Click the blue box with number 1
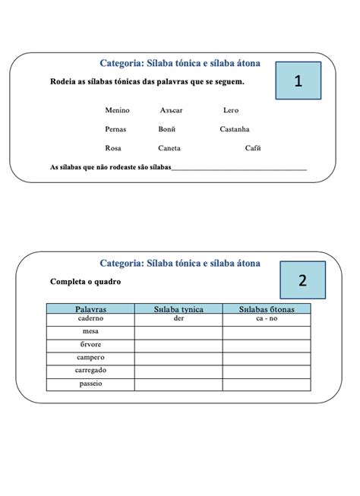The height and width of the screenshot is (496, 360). point(298,81)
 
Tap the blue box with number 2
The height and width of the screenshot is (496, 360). point(302,280)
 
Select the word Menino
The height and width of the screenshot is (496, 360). point(117,110)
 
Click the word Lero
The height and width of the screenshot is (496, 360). point(231,110)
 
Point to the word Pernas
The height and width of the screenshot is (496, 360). point(115,129)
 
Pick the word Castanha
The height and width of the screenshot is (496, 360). point(235,129)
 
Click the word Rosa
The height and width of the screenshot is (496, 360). point(113,148)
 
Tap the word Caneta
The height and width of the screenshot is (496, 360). point(169,148)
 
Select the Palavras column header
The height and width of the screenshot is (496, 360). point(90,309)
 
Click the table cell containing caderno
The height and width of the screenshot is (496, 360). point(90,319)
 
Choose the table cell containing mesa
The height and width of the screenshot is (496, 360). point(90,332)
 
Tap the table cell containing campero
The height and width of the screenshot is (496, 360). point(90,357)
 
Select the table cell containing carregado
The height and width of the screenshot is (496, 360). point(90,370)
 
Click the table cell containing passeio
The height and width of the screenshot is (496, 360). point(90,384)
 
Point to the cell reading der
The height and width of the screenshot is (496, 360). point(179,319)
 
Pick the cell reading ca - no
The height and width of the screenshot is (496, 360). point(267,319)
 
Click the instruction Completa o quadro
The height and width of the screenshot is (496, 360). point(85,282)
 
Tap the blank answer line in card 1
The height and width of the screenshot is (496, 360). point(239,168)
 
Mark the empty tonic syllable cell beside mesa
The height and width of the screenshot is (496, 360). point(179,332)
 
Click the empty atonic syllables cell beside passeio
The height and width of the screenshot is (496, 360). point(267,384)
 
